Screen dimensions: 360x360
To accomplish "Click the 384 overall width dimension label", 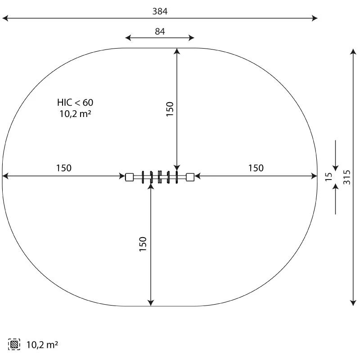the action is (160, 11).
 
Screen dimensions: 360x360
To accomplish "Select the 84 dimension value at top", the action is (160, 31).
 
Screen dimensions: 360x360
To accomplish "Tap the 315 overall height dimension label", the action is (346, 177).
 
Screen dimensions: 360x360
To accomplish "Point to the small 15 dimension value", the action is (329, 177).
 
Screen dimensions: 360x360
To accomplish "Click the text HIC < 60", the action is (75, 103).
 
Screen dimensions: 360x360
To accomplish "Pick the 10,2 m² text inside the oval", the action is (75, 114).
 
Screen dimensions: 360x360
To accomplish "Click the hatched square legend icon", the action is (14, 344).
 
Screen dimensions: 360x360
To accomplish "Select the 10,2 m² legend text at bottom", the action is (42, 345).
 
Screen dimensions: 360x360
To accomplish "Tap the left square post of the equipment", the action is (130, 177).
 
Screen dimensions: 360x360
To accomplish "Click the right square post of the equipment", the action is (190, 177).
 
